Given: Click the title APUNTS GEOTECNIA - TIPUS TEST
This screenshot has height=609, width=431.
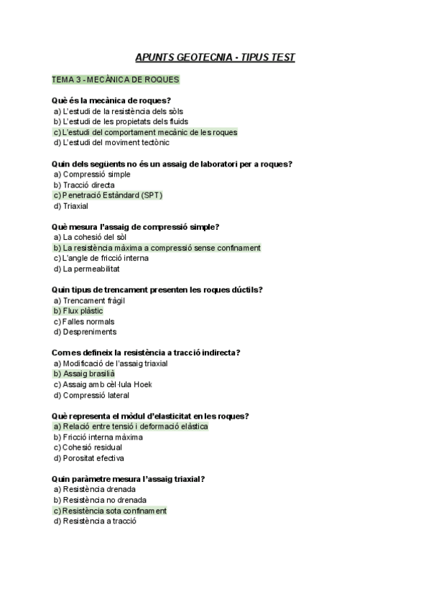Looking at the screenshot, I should coord(215,57).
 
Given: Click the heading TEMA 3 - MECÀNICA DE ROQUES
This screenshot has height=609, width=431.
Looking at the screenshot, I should coord(116,79).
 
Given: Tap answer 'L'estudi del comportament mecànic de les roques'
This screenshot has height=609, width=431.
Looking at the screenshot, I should coord(145,132).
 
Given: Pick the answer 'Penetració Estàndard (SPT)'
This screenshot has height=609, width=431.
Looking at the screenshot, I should coord(108,195).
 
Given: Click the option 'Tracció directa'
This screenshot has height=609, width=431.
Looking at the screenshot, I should coord(83,185).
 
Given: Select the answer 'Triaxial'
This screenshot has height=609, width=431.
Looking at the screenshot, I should coord(72,205).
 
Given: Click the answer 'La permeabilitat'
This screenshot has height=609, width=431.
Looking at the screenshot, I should coord(86,269).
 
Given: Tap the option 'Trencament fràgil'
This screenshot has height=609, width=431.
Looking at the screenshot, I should coord(89,300).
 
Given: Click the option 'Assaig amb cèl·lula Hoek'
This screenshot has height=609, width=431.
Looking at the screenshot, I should coord(103,384).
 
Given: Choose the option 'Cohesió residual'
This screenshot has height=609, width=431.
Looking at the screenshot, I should coord(87,447).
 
